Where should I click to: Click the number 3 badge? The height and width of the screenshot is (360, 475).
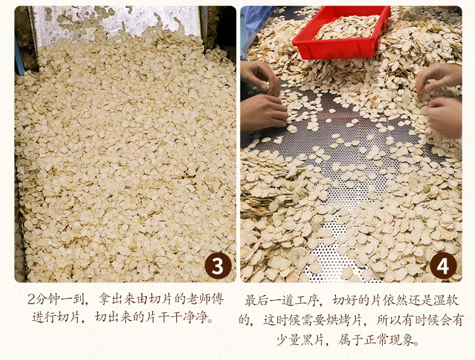point(218,265)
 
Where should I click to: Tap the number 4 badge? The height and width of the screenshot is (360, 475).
point(443,265)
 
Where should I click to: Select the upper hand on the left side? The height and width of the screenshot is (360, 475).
point(260,76)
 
